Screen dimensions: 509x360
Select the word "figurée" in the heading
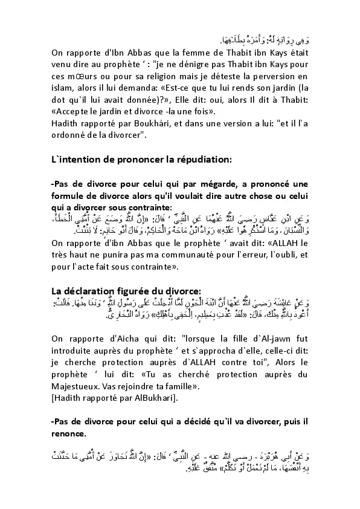coord(140,289)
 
